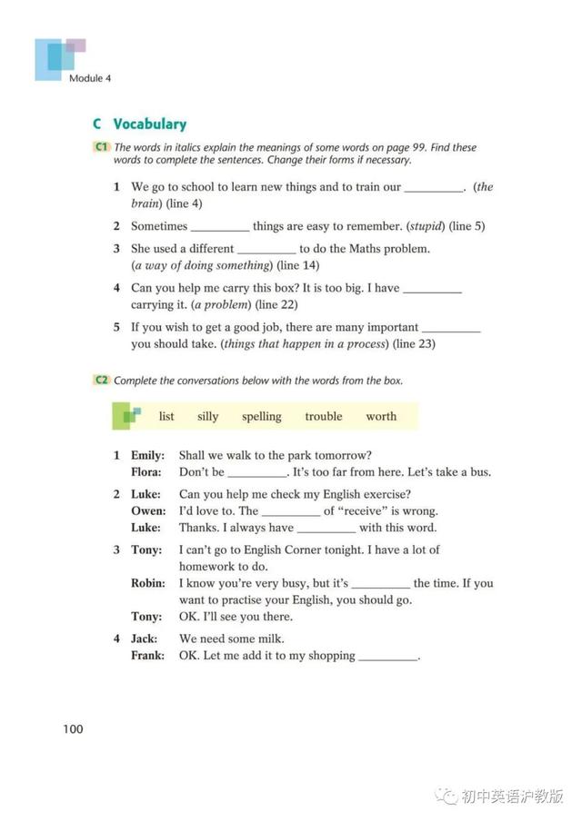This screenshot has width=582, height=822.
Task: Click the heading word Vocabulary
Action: (x=149, y=124)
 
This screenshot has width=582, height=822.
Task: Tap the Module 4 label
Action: (x=89, y=78)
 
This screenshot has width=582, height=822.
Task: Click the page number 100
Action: (x=74, y=728)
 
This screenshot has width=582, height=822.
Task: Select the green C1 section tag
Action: (x=101, y=147)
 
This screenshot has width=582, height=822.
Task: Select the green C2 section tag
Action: (x=101, y=381)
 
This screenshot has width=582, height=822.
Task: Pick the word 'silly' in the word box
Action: (x=207, y=417)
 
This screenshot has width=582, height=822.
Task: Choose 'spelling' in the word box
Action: (x=261, y=417)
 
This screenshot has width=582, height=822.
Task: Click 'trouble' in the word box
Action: (x=323, y=417)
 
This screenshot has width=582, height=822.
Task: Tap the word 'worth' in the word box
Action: (x=381, y=417)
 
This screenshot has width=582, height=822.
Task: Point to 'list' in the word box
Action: (x=166, y=417)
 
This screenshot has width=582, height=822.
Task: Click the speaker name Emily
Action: (x=147, y=455)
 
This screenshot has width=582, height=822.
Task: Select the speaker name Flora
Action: (x=146, y=472)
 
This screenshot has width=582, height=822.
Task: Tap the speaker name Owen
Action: (x=148, y=510)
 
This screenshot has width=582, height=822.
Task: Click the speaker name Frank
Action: (x=148, y=656)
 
